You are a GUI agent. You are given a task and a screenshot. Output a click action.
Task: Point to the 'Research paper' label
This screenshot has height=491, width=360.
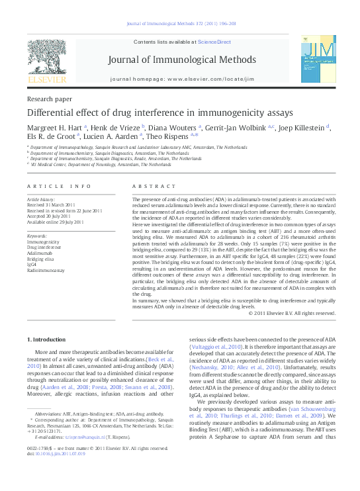tap(49, 98)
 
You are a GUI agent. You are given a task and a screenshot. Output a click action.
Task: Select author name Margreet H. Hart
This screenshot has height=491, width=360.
tap(56, 126)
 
